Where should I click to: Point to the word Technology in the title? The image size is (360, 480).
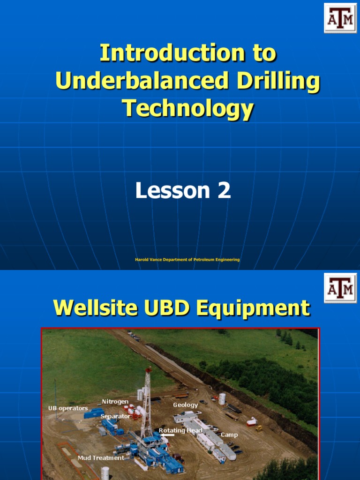point(187,108)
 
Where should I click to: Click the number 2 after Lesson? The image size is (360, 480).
point(224,191)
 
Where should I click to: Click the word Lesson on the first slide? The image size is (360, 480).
point(172,191)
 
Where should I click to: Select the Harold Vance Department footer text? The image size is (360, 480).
point(187,260)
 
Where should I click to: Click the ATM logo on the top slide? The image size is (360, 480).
point(340,18)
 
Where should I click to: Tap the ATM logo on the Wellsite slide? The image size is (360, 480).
point(340,288)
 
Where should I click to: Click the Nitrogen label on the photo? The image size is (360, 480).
point(115,402)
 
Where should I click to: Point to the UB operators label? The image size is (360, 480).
point(68,408)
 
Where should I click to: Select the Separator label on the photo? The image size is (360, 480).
point(115,416)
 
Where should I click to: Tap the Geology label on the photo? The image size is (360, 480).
point(185,405)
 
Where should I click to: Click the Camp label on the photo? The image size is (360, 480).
point(229,435)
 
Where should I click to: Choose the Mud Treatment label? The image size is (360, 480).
point(101,458)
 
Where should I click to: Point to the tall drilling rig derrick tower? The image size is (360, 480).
point(147,398)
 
